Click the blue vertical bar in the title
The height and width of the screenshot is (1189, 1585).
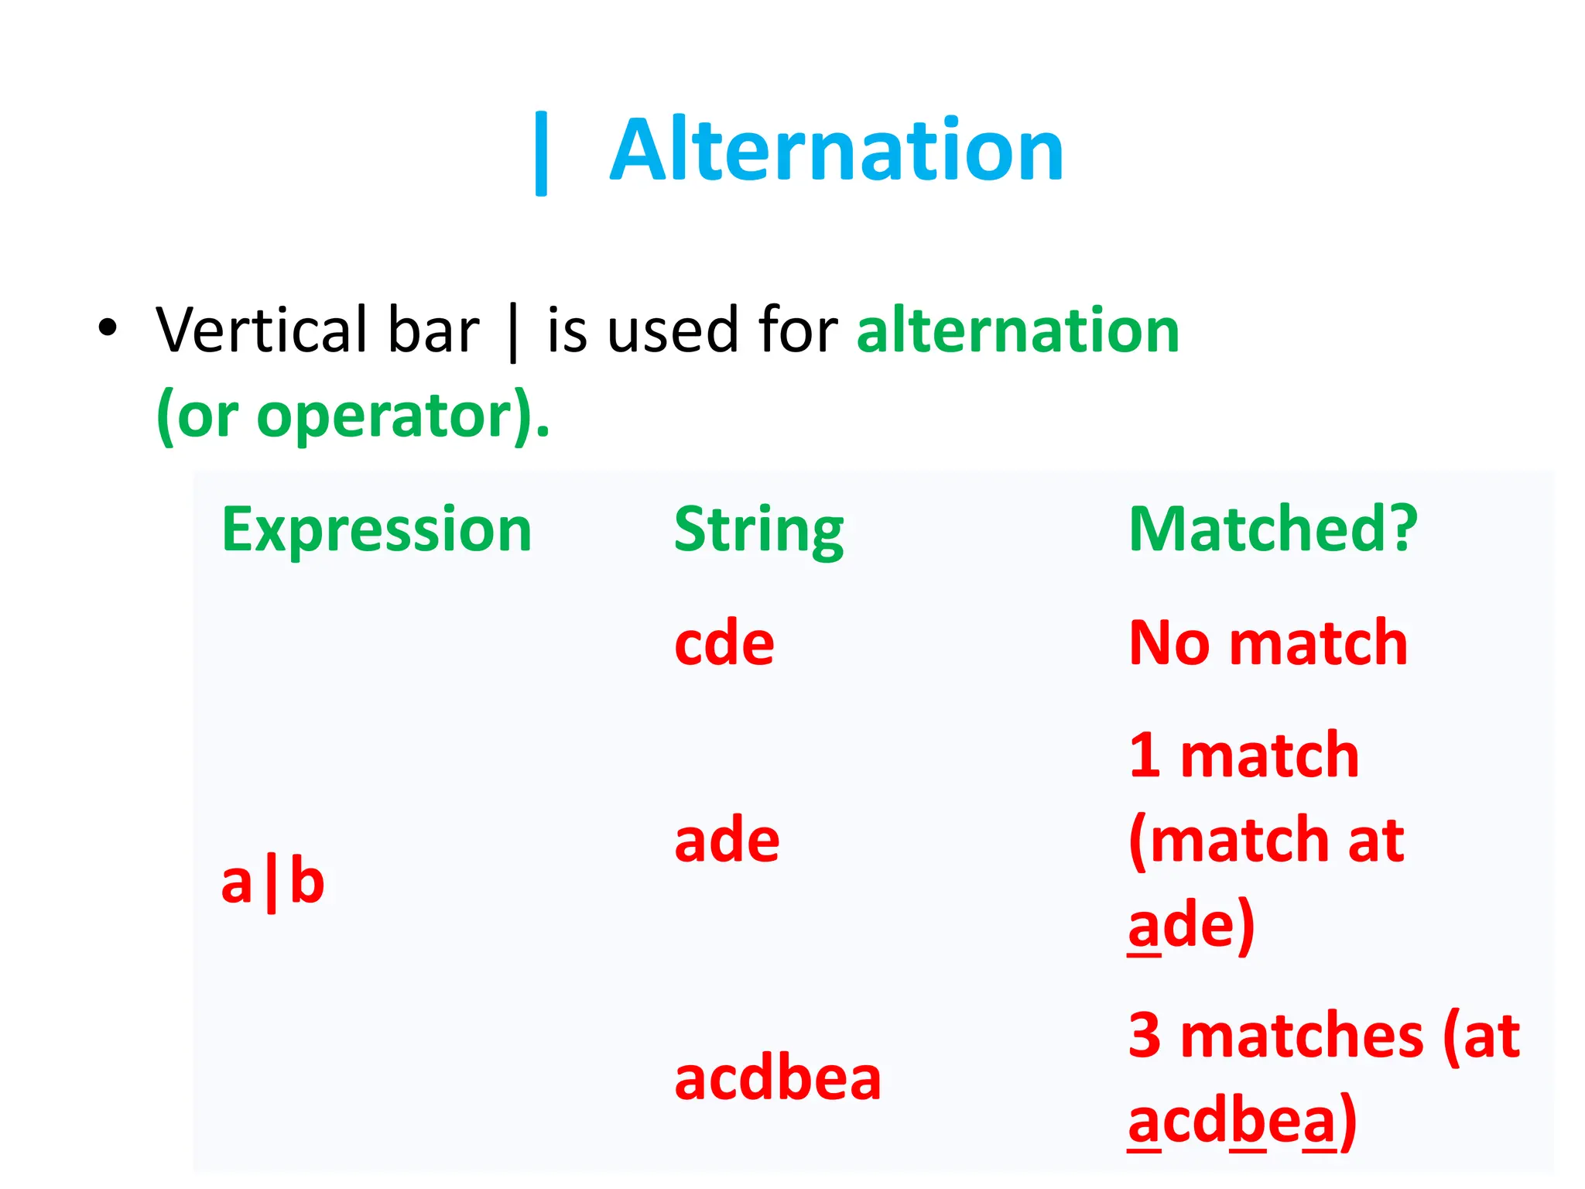[541, 153]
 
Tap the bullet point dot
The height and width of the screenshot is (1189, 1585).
[108, 328]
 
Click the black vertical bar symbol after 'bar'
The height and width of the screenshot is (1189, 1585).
[512, 333]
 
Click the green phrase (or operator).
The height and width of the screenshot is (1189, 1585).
[352, 416]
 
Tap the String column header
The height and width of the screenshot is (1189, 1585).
[758, 530]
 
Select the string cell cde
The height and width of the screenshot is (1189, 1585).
[724, 643]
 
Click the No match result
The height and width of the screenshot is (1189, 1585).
[1268, 643]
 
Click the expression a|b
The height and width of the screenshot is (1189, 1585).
[272, 884]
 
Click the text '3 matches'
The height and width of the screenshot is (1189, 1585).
[1275, 1036]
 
